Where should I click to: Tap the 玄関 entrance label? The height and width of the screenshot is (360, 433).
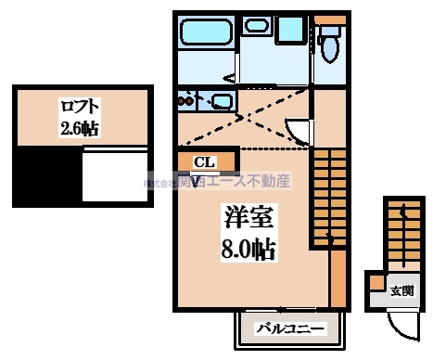[x=401, y=291]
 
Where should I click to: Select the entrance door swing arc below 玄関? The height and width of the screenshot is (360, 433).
[x=401, y=323]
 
